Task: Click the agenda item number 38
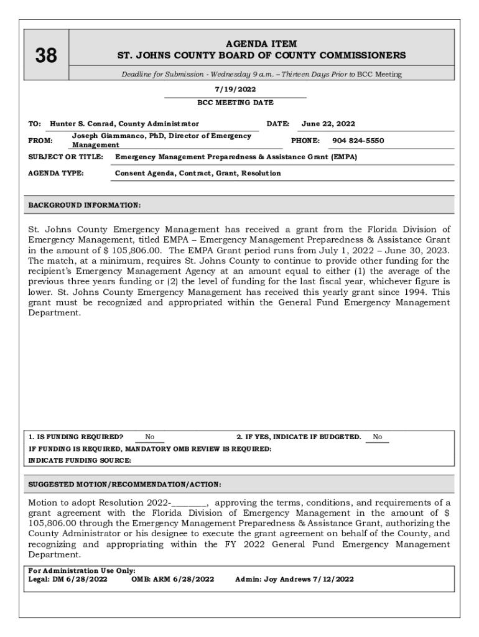click(x=46, y=56)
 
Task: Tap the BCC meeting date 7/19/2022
click(x=235, y=90)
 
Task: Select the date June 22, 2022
click(x=328, y=124)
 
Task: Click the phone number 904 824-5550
click(x=358, y=141)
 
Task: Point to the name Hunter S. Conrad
click(x=83, y=124)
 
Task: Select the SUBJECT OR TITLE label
click(x=66, y=157)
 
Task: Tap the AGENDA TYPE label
click(x=56, y=174)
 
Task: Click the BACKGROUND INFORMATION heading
click(x=85, y=205)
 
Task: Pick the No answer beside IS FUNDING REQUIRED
click(x=150, y=437)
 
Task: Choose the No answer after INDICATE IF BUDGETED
click(x=378, y=437)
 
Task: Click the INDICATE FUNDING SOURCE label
click(x=80, y=460)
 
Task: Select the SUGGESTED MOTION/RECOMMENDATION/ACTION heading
click(x=125, y=485)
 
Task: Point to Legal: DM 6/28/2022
click(x=68, y=579)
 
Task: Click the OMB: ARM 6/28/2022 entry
click(x=173, y=579)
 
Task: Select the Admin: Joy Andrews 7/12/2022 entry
click(x=294, y=579)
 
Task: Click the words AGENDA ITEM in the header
click(x=261, y=44)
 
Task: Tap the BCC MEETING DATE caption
click(x=235, y=103)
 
